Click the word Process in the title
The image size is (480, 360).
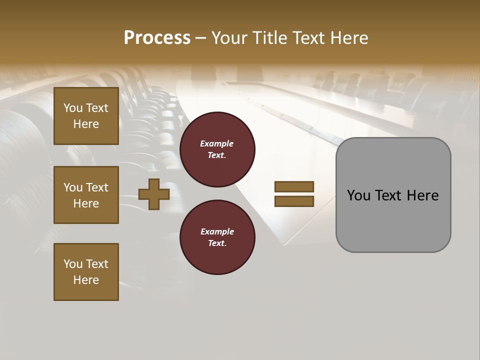coord(157,38)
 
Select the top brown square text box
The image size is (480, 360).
coord(86,116)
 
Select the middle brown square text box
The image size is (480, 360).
coord(86,195)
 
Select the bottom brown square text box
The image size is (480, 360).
coord(86,272)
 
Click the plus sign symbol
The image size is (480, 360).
coord(154,194)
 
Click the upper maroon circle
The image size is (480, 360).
coord(217,149)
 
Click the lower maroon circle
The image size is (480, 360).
coord(217,237)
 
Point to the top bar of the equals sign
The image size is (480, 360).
coord(294,186)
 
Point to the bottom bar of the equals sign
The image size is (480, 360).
coord(294,201)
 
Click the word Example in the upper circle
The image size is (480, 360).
coord(217,143)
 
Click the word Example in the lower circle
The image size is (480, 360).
coord(217,231)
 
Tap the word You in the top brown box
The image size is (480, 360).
coord(73,108)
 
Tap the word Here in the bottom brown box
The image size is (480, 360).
coord(86,280)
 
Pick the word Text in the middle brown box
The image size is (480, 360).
coord(96,187)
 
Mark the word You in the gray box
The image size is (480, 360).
coord(358,195)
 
